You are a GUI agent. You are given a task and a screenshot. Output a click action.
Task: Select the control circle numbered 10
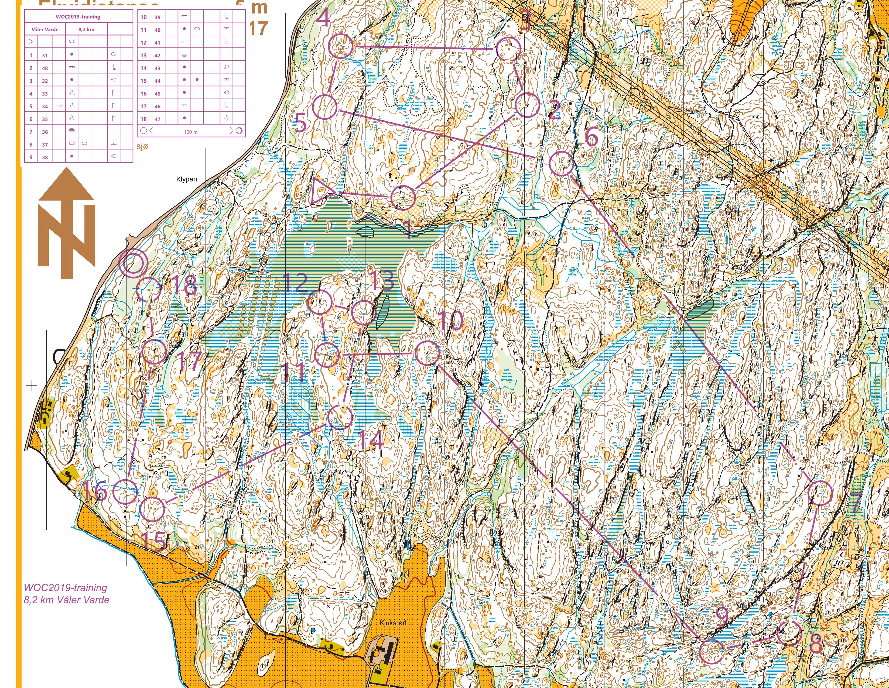pyautogui.click(x=428, y=353)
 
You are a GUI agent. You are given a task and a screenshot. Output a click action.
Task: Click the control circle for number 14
pyautogui.click(x=340, y=417)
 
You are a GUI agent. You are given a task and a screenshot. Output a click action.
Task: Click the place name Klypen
pyautogui.click(x=186, y=179)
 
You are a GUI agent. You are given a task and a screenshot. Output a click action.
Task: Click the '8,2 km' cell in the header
pyautogui.click(x=86, y=29)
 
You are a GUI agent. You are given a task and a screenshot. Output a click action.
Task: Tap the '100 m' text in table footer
pyautogui.click(x=190, y=132)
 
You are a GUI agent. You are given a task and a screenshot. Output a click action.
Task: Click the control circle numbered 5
pyautogui.click(x=325, y=107)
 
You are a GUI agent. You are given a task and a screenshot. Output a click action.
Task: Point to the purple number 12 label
pyautogui.click(x=295, y=283)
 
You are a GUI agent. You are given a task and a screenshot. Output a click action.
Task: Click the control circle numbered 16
pyautogui.click(x=125, y=491)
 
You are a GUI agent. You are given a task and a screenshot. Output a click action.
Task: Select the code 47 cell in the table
pyautogui.click(x=157, y=119)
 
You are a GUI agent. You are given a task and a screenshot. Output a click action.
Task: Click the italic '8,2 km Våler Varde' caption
pyautogui.click(x=66, y=600)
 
